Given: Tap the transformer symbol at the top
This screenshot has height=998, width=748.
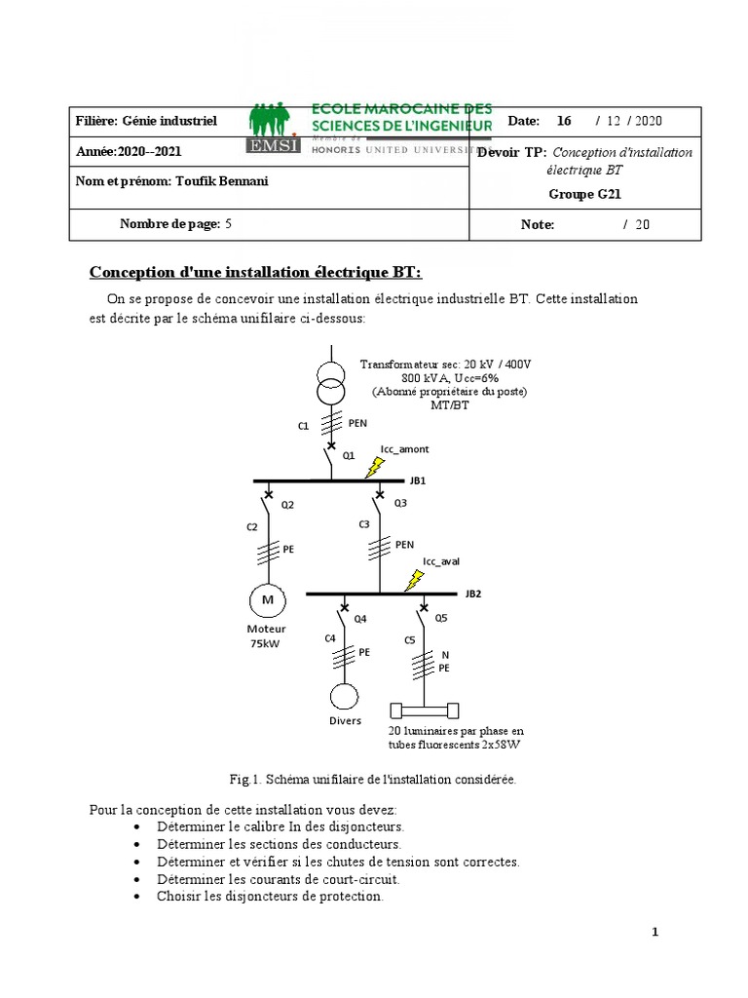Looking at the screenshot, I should click(x=331, y=380).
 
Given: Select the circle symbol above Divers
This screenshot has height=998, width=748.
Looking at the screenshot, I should click(x=343, y=697).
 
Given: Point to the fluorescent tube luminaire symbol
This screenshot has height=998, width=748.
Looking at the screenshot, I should click(x=426, y=710).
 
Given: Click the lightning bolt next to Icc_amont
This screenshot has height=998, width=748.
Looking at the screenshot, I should click(x=375, y=468).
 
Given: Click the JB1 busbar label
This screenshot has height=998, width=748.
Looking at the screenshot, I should click(x=418, y=480).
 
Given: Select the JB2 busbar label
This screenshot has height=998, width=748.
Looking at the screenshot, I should click(x=473, y=593).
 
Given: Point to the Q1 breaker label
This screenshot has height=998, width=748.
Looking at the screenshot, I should click(x=348, y=455).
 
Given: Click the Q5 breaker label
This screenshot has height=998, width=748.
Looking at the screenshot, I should click(x=441, y=618).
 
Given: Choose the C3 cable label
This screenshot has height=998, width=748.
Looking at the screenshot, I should click(x=363, y=524).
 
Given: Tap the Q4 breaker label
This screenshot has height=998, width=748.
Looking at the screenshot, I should click(x=359, y=618).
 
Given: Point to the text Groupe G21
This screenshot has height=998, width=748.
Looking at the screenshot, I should click(x=585, y=194).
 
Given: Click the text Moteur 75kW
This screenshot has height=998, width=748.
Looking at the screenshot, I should click(x=266, y=636).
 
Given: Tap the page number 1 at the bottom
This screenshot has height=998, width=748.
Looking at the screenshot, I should click(x=655, y=933).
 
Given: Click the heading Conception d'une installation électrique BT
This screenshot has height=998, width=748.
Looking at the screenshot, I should click(x=257, y=271).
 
